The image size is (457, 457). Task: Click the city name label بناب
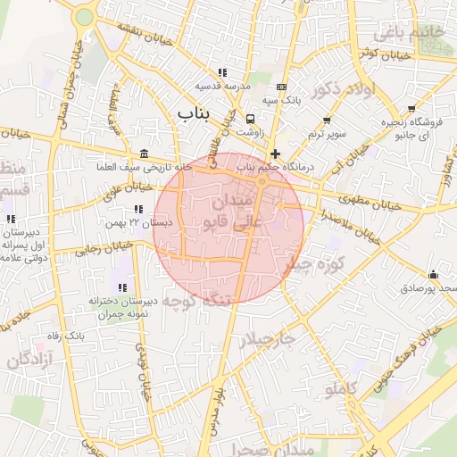196,113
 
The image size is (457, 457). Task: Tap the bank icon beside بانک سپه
282,87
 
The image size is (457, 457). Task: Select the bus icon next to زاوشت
250,119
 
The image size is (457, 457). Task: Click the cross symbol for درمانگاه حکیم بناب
275,154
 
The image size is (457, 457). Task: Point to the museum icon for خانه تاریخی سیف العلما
145,154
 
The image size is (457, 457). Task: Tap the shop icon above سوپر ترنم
327,120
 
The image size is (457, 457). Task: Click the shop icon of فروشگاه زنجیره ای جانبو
399,137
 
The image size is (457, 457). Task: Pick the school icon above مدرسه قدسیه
221,72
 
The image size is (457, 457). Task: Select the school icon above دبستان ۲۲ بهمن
137,208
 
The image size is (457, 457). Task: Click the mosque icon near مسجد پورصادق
433,274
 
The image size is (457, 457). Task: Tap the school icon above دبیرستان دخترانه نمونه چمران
122,287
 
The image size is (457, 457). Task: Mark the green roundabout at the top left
84,16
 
